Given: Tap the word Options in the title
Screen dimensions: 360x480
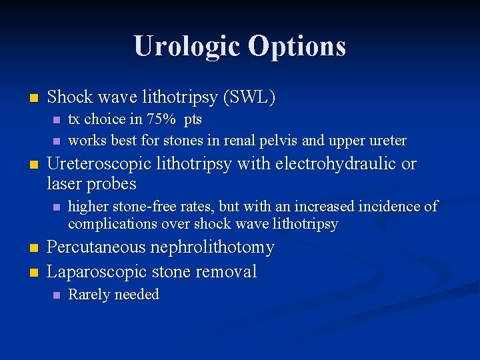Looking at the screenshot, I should tap(297, 47).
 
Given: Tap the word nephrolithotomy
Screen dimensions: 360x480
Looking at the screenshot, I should tap(213, 247).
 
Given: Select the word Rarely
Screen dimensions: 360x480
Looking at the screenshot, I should tap(88, 295).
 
